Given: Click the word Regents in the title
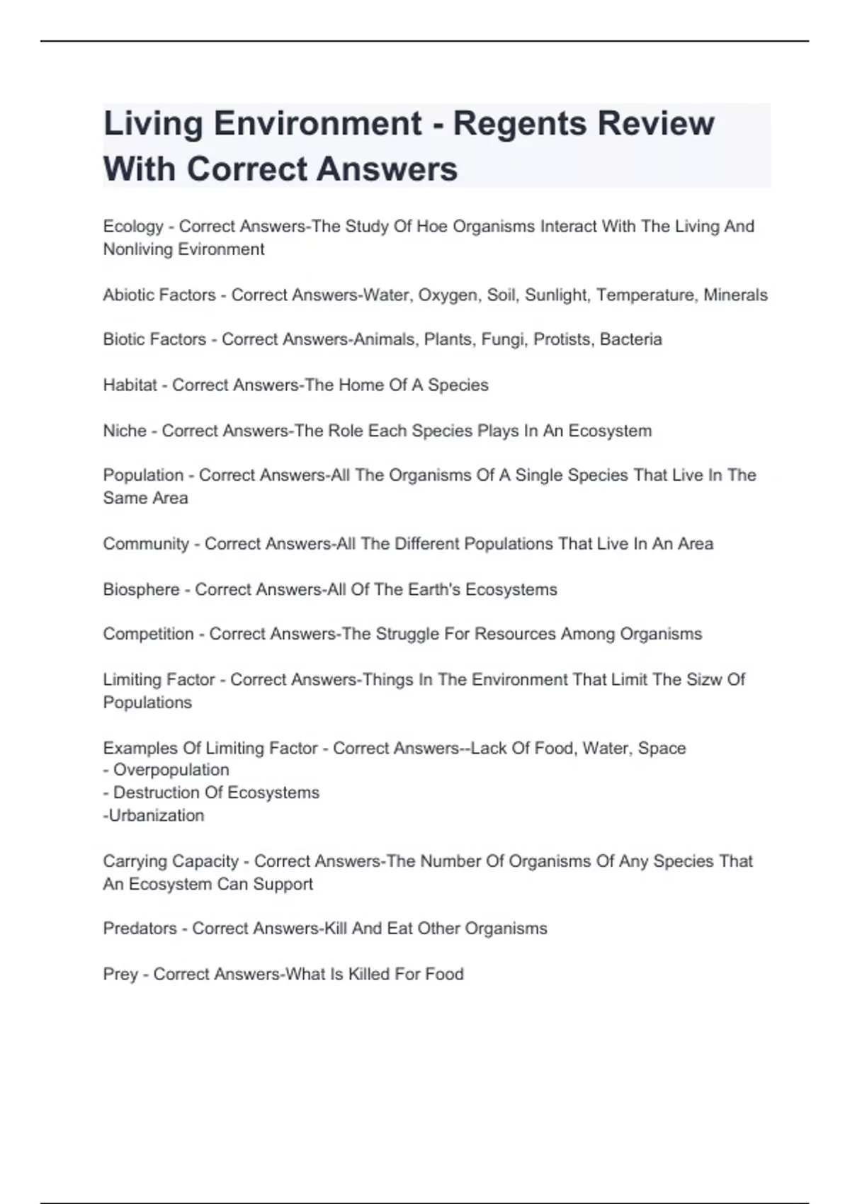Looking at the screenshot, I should coord(519,124).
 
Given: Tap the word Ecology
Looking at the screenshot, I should coord(133,227).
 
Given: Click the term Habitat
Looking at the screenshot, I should coord(130,385).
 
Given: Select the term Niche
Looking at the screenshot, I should coord(125,431).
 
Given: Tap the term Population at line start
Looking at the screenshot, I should coord(143,475).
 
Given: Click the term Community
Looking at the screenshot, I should coord(146,544).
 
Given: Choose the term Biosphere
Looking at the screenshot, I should coord(141,589).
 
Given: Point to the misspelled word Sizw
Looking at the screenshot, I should coord(704,680).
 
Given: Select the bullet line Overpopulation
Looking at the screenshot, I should coord(171,770).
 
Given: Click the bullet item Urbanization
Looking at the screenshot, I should coord(156,815).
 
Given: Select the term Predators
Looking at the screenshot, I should coord(140,928).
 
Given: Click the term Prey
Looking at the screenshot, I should coord(120,975).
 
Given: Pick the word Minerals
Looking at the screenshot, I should coord(735,295).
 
